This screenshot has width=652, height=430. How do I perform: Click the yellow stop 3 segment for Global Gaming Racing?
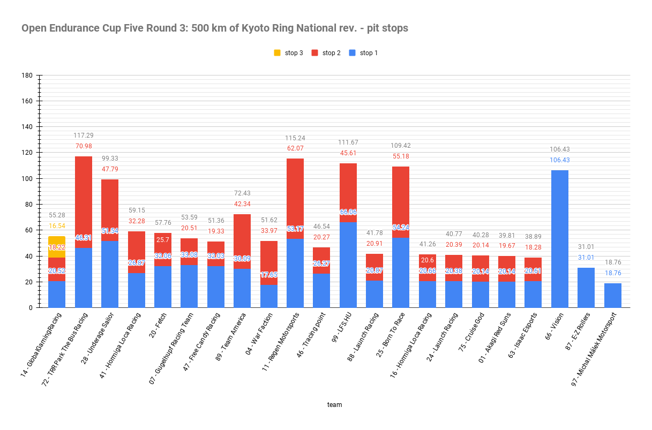(x=57, y=240)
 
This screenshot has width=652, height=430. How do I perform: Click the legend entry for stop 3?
(x=288, y=52)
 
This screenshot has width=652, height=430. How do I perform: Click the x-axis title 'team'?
(x=334, y=405)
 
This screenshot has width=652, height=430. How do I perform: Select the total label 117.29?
(x=83, y=135)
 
